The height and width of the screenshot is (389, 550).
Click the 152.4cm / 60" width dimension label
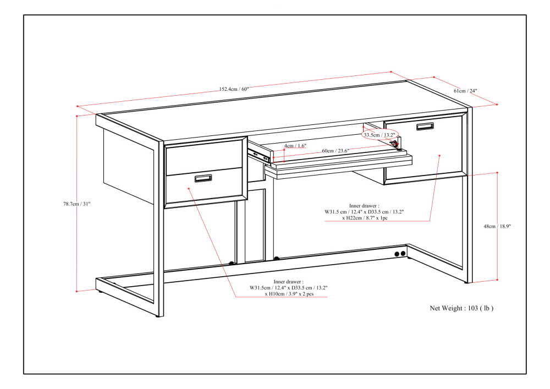click(234, 89)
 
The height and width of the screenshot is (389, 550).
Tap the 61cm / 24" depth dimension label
click(465, 90)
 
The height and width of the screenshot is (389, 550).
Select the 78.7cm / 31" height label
click(76, 204)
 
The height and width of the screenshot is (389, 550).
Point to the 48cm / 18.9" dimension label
click(509, 226)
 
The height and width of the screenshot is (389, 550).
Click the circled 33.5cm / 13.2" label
click(380, 134)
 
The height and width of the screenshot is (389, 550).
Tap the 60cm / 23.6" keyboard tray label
click(335, 150)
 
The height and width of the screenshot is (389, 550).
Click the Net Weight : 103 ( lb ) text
click(461, 309)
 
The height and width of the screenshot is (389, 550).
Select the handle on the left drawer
click(204, 178)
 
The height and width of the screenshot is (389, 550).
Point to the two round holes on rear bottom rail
click(399, 254)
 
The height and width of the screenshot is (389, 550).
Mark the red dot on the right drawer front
click(440, 156)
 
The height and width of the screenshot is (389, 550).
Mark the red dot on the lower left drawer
click(189, 188)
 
